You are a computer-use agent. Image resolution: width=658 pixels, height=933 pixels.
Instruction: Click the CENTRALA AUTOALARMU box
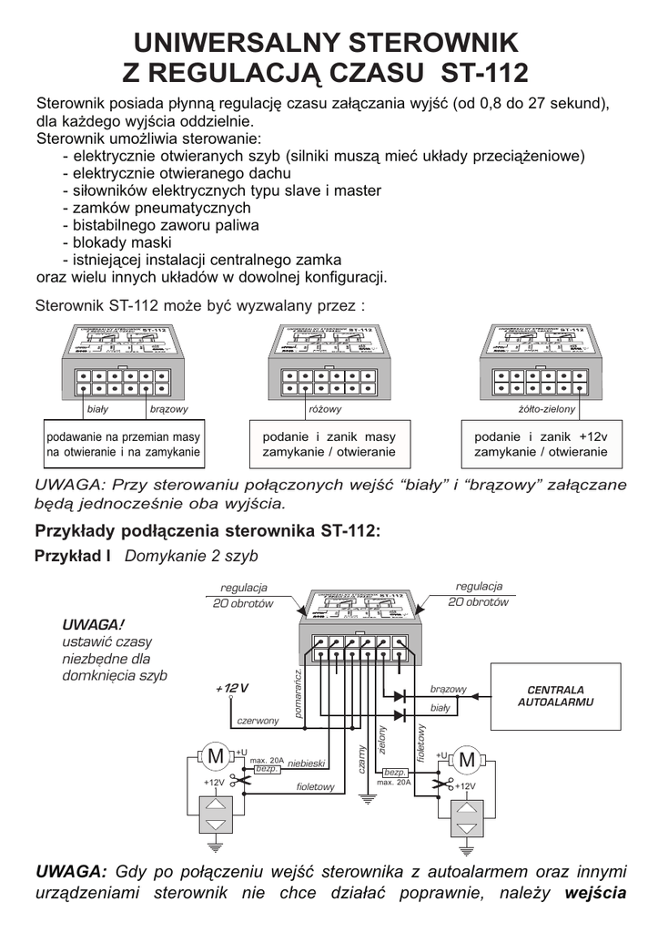click(556, 696)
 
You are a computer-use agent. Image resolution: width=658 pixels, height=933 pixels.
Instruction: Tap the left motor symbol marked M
click(216, 755)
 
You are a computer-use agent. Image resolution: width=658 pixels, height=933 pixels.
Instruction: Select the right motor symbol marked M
click(467, 759)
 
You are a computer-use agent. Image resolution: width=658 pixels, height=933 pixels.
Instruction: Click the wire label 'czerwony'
click(258, 721)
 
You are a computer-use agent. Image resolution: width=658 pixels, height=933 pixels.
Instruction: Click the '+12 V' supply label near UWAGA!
click(232, 687)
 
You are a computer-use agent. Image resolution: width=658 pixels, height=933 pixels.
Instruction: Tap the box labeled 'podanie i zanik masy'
click(329, 444)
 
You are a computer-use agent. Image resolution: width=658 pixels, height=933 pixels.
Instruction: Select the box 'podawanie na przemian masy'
click(125, 444)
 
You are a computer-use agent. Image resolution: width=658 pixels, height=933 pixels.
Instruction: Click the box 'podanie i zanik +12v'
click(541, 444)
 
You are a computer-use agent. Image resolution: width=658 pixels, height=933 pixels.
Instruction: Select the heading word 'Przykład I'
click(72, 555)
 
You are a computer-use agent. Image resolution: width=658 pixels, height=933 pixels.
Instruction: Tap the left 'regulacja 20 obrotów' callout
click(243, 595)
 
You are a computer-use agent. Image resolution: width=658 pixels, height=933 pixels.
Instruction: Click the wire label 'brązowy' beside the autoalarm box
click(448, 688)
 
